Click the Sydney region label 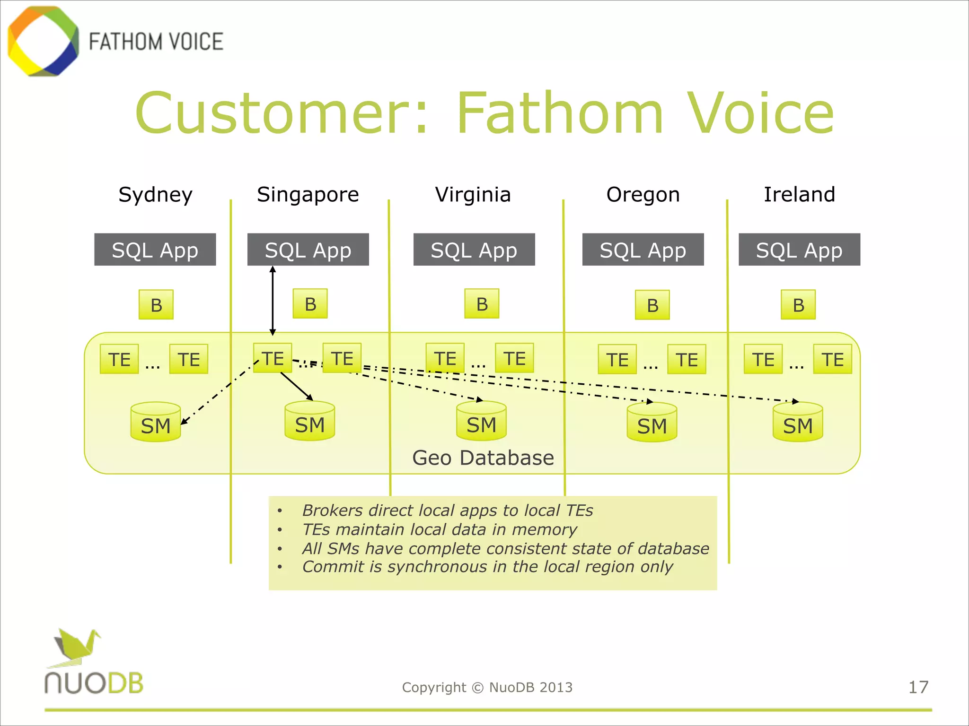(155, 195)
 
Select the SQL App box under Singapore (308, 250)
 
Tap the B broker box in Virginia (482, 304)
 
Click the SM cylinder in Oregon (652, 423)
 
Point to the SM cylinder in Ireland (798, 423)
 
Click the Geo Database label (483, 458)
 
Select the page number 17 (918, 687)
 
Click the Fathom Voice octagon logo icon (43, 41)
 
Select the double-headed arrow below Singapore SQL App (273, 301)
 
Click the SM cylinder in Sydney (156, 423)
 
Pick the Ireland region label (799, 195)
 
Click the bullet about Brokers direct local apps (447, 510)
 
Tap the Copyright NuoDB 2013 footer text (487, 687)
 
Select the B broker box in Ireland (798, 305)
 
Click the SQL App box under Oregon (643, 250)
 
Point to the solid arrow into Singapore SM (297, 386)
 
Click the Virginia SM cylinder (481, 422)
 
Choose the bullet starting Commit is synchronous (487, 567)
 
